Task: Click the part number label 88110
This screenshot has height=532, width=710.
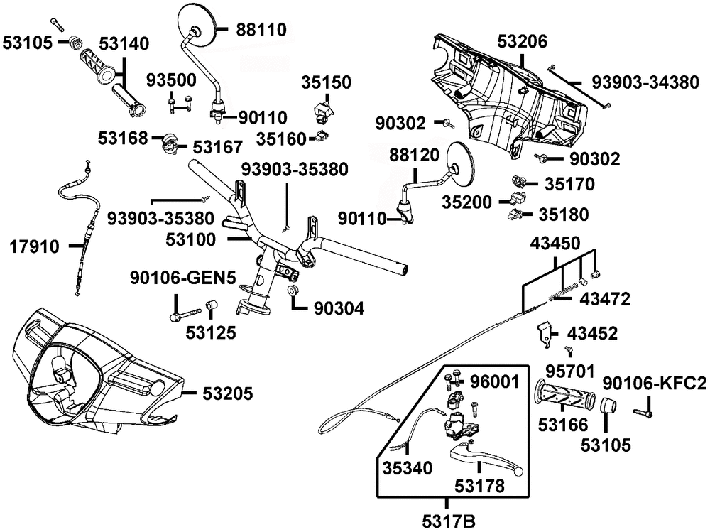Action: [x=261, y=30]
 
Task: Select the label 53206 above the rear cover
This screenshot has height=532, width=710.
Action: [x=522, y=41]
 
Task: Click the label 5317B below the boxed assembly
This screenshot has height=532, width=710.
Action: [x=449, y=521]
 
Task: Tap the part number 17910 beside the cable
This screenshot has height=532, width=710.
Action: [x=34, y=247]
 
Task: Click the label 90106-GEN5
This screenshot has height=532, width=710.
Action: [x=183, y=278]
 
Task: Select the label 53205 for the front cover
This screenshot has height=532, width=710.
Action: [x=227, y=393]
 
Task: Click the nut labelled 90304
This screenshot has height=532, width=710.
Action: [x=292, y=290]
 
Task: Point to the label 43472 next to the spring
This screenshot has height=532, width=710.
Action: [x=605, y=299]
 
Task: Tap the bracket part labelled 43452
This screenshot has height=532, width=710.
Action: [x=545, y=334]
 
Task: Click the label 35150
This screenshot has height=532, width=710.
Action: [x=326, y=82]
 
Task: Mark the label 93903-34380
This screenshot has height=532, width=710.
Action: [x=645, y=82]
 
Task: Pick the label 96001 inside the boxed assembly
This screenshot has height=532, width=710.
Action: [x=494, y=382]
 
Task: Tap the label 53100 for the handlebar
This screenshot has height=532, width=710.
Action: [x=190, y=239]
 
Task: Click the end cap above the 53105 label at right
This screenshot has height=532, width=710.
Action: [x=607, y=405]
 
